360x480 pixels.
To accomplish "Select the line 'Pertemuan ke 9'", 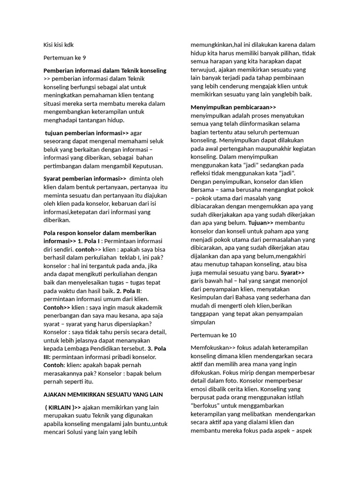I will pyautogui.click(x=65, y=58).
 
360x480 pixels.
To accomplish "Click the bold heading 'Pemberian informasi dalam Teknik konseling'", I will pyautogui.click(x=105, y=70).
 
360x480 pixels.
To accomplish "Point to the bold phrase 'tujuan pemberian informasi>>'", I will pyautogui.click(x=87, y=133).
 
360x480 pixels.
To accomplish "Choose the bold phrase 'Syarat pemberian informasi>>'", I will pyautogui.click(x=85, y=178).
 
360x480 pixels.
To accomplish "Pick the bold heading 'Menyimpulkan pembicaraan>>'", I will pyautogui.click(x=233, y=107).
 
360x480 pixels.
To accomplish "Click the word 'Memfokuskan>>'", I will pyautogui.click(x=210, y=347).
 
